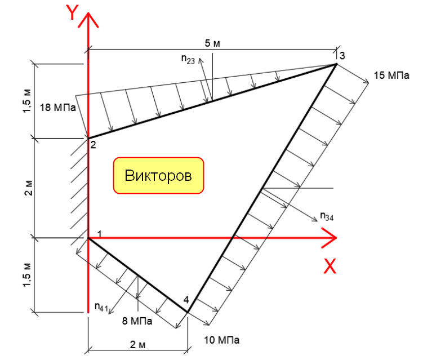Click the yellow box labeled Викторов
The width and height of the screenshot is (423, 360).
[158, 175]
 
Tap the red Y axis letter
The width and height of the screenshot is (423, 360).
[72, 12]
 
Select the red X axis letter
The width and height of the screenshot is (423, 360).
[330, 266]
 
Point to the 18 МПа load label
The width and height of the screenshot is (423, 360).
[57, 108]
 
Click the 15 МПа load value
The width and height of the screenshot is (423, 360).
[391, 75]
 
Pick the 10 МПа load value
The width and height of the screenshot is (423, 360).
[221, 340]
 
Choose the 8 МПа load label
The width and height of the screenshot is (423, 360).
[137, 321]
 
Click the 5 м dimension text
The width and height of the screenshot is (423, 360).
[212, 43]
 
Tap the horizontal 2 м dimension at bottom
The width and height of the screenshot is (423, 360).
[137, 345]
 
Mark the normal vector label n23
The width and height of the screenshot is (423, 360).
[188, 59]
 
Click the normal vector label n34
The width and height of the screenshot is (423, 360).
[327, 216]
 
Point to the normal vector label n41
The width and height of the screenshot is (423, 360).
[101, 307]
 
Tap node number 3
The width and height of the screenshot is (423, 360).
[342, 56]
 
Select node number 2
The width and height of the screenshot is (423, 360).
[93, 145]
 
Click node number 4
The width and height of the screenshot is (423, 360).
[186, 300]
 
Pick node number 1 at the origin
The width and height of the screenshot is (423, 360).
[99, 234]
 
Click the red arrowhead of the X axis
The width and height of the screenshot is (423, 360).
[330, 238]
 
